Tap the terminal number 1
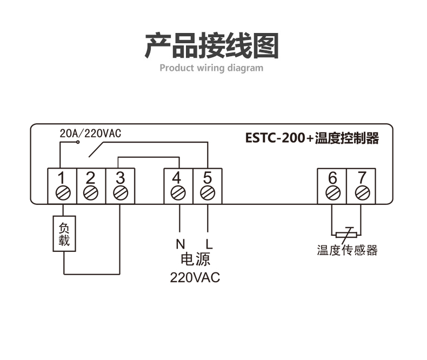click(62, 177)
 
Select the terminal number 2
click(91, 177)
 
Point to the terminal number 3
click(120, 177)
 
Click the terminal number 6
click(332, 177)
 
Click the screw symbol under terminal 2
click(91, 192)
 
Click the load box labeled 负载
click(64, 234)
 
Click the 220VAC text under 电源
click(195, 278)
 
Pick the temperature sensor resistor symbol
click(346, 234)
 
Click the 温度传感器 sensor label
click(347, 250)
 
